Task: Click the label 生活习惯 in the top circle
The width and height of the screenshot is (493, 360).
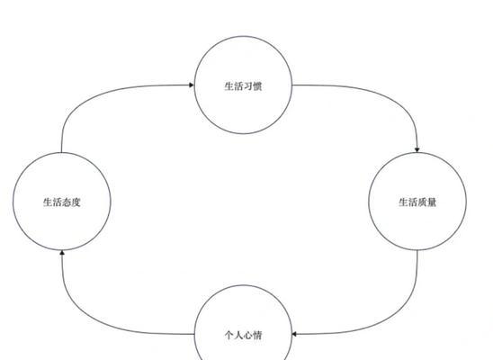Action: point(243,86)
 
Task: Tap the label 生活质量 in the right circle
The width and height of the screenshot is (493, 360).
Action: point(417,202)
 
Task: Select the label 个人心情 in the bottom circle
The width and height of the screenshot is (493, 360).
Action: point(243,335)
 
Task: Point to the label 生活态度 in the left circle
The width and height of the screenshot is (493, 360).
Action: point(61,202)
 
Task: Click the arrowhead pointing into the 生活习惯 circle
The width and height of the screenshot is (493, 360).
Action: point(192,85)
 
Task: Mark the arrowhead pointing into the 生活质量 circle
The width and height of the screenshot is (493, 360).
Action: point(417,150)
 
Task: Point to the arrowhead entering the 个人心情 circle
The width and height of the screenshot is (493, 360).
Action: point(294,334)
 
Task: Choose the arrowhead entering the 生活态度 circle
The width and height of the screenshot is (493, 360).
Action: point(62,253)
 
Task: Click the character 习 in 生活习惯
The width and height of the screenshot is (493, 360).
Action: point(247,86)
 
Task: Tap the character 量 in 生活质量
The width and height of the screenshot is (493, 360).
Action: point(432,202)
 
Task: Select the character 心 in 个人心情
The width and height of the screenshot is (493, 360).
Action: point(247,335)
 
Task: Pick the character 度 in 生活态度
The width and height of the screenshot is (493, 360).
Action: point(76,202)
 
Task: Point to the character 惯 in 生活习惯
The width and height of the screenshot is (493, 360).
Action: point(257,86)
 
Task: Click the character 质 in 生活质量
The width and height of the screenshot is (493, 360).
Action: point(422,202)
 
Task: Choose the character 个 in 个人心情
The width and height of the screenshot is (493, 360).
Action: point(229,335)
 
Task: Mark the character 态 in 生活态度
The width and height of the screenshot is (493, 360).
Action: point(67,202)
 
